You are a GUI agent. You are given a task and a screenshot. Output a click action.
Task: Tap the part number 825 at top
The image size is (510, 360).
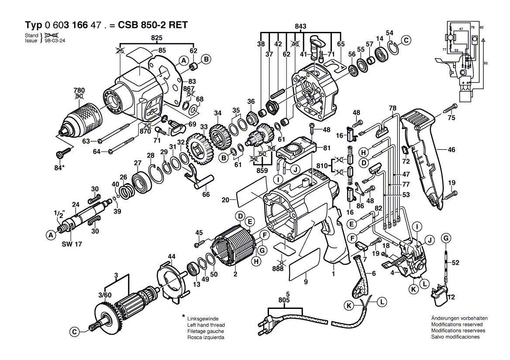[x=157, y=38]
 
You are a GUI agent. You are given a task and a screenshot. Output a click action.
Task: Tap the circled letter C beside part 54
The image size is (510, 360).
[x=407, y=41]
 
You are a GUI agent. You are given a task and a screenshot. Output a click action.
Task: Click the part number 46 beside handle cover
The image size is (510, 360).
[x=451, y=150]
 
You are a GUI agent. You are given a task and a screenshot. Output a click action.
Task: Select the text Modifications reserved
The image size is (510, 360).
[x=457, y=325]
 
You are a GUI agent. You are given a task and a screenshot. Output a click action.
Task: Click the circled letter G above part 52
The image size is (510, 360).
[x=446, y=238]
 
